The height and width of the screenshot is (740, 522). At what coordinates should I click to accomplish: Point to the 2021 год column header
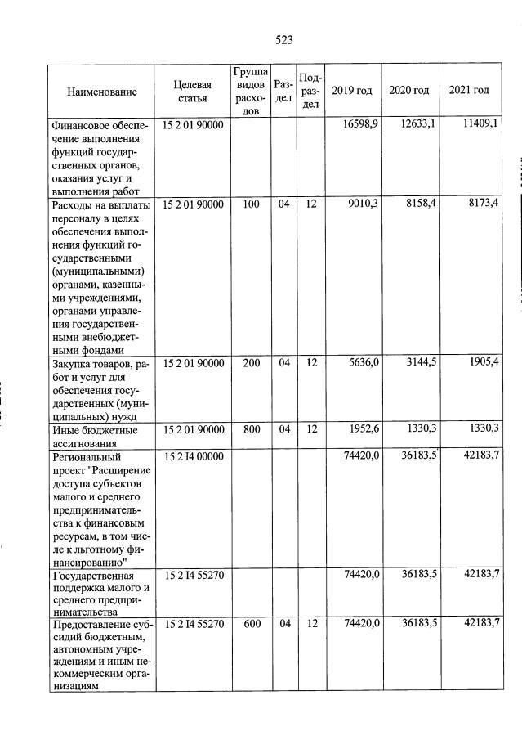[x=469, y=90]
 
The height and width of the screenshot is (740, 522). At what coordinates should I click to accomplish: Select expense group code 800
[x=251, y=428]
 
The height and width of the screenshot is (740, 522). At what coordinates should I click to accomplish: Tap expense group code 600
[x=251, y=624]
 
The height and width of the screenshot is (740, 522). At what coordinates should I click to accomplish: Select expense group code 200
[x=251, y=363]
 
